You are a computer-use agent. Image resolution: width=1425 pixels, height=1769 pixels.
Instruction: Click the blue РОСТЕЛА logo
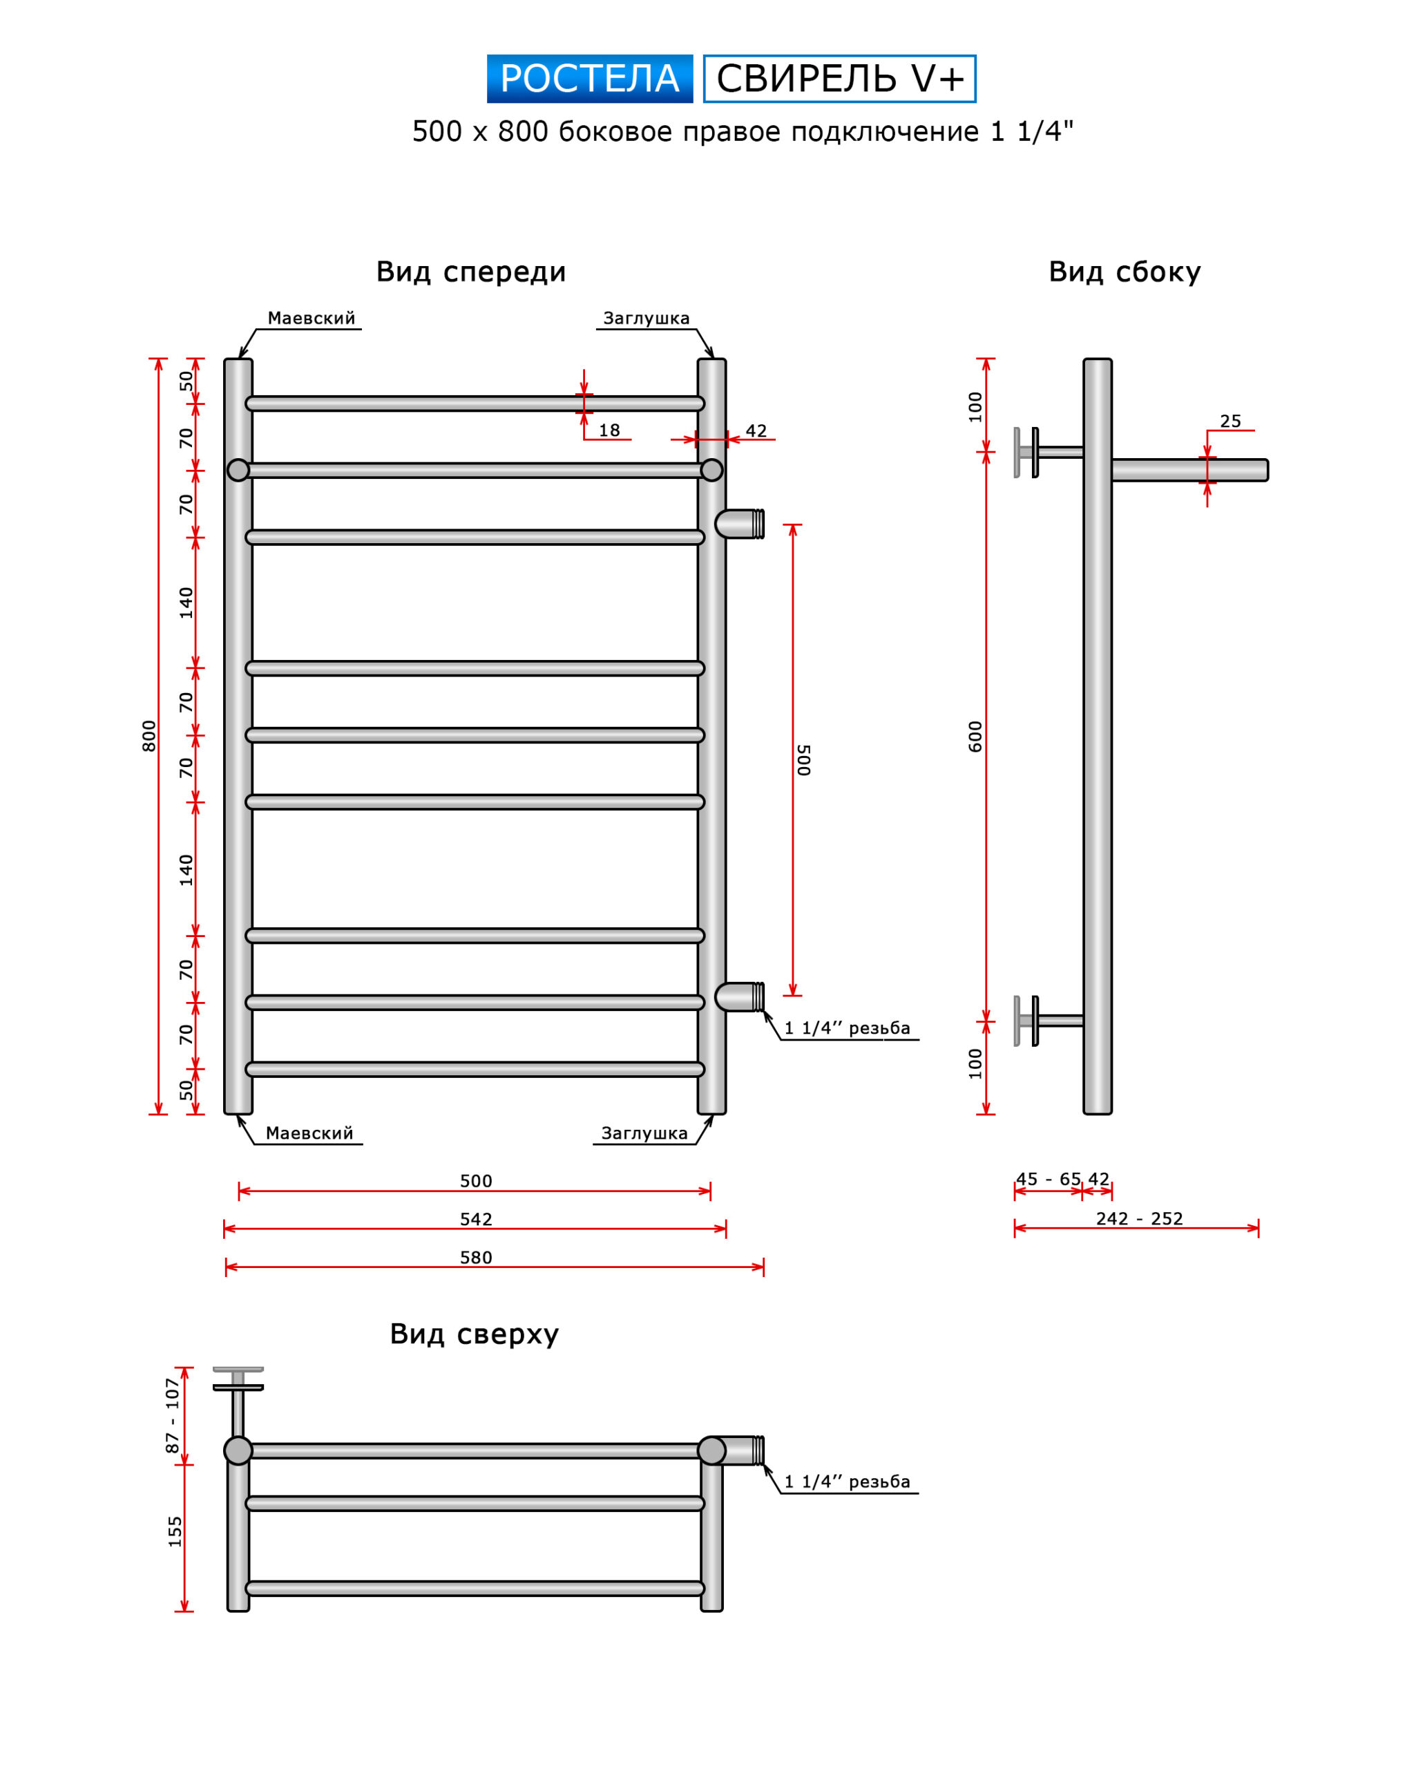click(589, 79)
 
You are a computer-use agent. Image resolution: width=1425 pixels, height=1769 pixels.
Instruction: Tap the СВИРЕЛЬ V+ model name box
click(840, 79)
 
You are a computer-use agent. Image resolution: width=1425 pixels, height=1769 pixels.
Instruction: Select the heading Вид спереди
click(470, 272)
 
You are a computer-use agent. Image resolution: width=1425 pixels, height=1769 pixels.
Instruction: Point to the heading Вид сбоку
click(1124, 272)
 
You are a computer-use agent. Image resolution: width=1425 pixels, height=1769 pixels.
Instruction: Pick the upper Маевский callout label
click(311, 319)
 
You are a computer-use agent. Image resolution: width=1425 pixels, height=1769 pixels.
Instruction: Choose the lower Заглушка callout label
click(644, 1133)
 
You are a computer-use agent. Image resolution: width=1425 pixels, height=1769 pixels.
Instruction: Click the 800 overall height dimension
click(149, 736)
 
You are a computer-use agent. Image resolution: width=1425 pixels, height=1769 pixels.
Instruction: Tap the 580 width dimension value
click(476, 1258)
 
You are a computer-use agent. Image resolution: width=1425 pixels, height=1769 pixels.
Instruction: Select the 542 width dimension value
click(476, 1220)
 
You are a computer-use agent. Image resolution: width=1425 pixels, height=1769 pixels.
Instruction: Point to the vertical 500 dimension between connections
click(803, 759)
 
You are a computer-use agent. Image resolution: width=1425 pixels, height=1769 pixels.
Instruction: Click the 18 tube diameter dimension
click(609, 431)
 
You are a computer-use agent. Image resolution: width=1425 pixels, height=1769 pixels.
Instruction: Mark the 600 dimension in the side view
click(975, 736)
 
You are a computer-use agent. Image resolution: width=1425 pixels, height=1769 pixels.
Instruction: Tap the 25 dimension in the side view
click(1230, 422)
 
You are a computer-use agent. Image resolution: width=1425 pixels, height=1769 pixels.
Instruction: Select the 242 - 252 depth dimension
click(1139, 1219)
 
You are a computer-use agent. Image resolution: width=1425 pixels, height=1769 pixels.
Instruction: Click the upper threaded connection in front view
click(740, 524)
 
